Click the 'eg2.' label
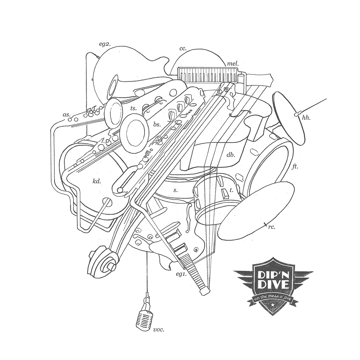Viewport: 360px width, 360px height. pos(105,44)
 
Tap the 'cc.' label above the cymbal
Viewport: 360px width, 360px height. pos(183,49)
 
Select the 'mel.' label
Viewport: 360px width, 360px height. pos(233,64)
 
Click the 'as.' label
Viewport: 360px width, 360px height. pos(66,115)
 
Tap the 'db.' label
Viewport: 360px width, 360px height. pos(231,155)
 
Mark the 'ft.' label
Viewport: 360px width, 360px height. pos(295,166)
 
